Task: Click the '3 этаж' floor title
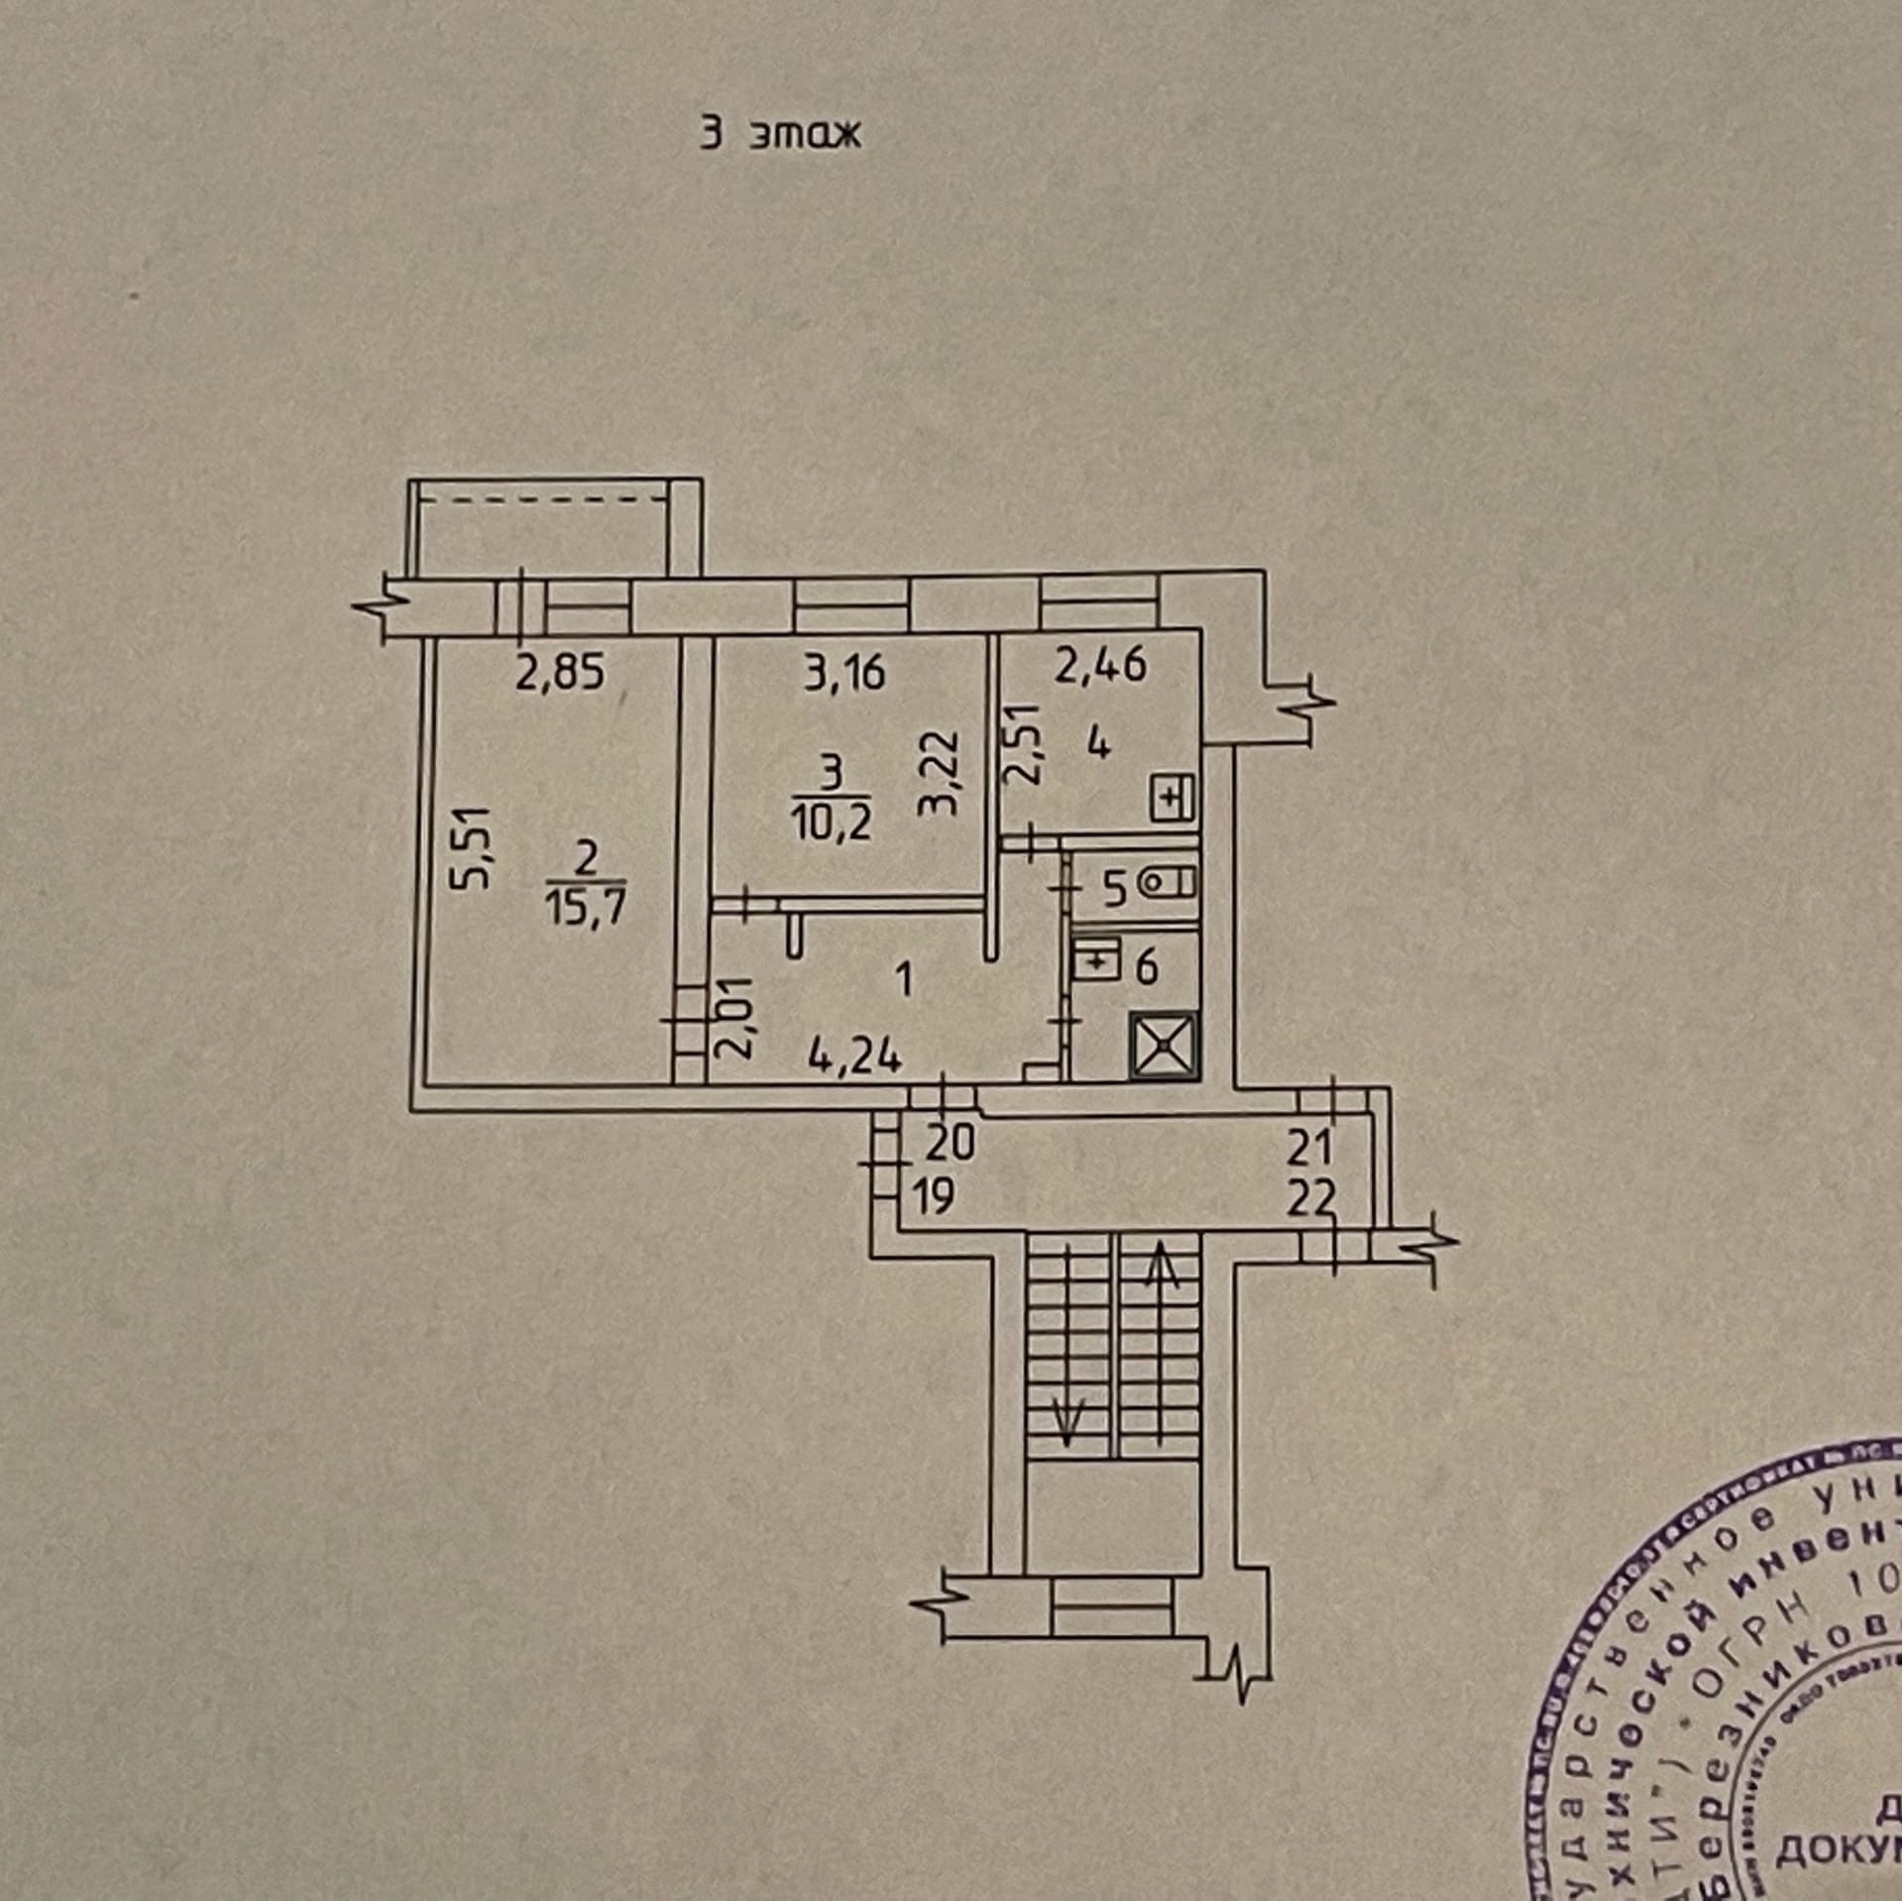[x=780, y=134]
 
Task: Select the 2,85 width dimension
[x=559, y=673]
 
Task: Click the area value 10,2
[x=831, y=823]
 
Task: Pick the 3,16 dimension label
[x=844, y=673]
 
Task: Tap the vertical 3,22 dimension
[x=938, y=772]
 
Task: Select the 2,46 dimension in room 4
[x=1100, y=664]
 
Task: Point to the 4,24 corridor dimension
[x=854, y=1058]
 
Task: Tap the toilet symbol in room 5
[x=1170, y=880]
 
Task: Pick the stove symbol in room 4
[x=1174, y=796]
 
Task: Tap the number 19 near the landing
[x=932, y=1198]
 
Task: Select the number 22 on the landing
[x=1311, y=1201]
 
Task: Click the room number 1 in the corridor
[x=902, y=981]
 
